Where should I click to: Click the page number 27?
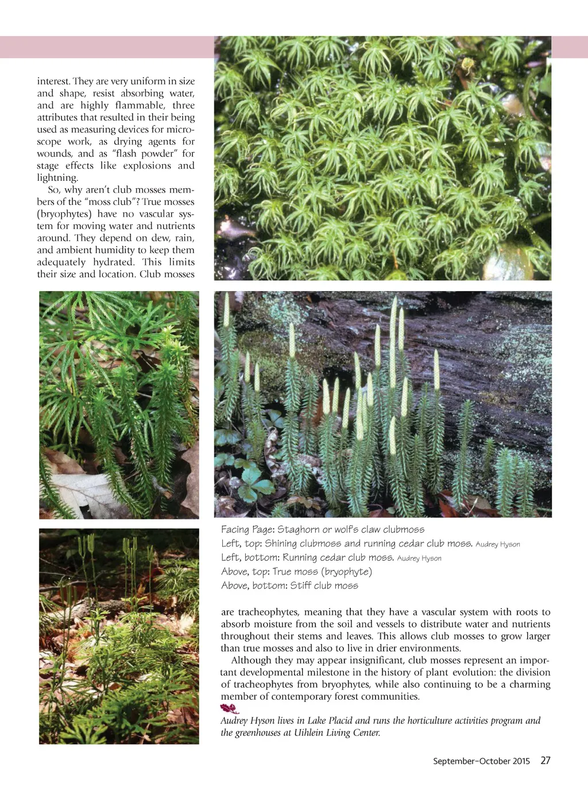pos(545,761)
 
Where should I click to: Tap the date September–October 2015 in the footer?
pos(481,761)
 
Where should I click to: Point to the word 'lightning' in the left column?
pos(57,178)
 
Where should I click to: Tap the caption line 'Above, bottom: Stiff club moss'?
pos(289,586)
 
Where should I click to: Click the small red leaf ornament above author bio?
pos(229,709)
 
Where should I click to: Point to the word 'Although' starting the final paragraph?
pos(250,661)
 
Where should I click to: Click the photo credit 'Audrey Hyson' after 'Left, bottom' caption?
pos(419,559)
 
